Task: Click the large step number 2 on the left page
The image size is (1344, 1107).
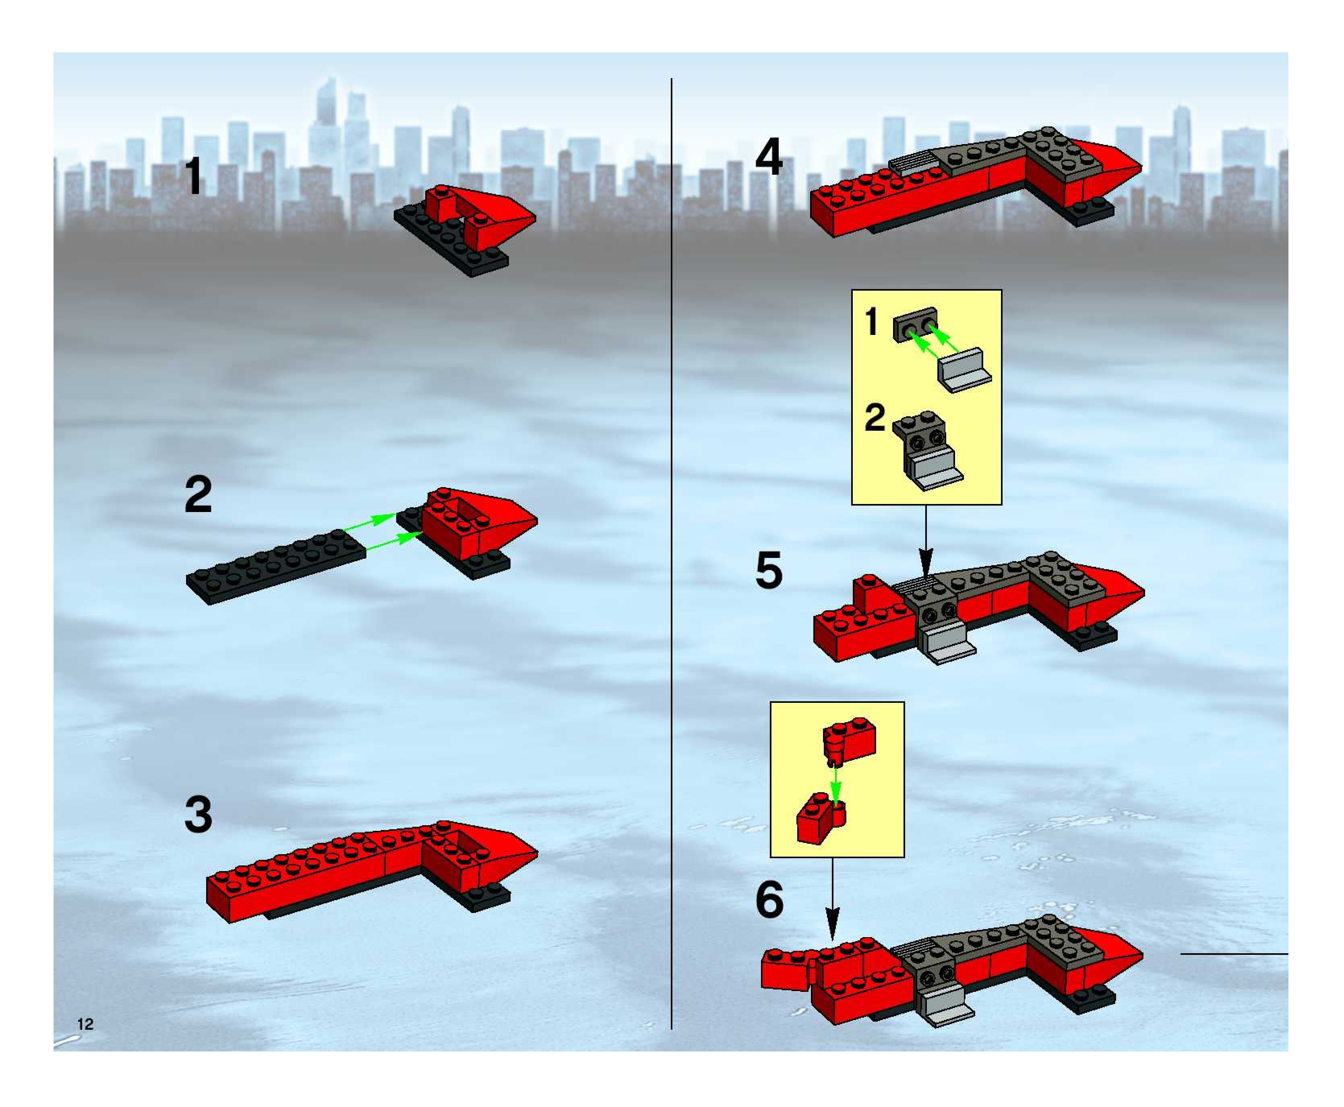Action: [198, 494]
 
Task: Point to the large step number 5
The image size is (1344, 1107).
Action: [769, 571]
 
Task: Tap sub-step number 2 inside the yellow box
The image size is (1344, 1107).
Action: [875, 418]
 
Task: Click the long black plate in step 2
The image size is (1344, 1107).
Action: [275, 566]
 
